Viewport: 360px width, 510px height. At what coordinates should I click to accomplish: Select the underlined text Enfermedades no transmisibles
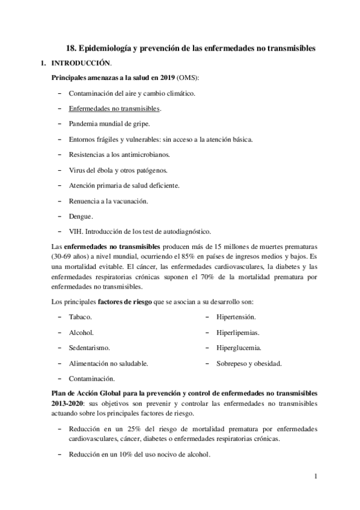pyautogui.click(x=114, y=109)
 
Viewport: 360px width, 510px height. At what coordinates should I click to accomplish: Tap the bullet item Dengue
pyautogui.click(x=81, y=216)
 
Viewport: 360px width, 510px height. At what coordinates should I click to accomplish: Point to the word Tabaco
pyautogui.click(x=80, y=317)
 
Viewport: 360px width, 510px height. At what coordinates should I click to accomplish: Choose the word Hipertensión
pyautogui.click(x=236, y=317)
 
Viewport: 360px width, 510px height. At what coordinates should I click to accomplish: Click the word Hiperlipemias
pyautogui.click(x=238, y=333)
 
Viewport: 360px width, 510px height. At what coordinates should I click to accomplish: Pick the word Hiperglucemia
pyautogui.click(x=239, y=348)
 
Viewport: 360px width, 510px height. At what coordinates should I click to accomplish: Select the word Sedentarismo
pyautogui.click(x=89, y=348)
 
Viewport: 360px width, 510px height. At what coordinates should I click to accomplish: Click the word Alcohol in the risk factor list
pyautogui.click(x=81, y=333)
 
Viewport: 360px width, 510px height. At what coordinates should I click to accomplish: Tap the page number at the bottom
pyautogui.click(x=314, y=476)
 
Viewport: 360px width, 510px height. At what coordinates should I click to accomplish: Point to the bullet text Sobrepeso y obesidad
pyautogui.click(x=248, y=364)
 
